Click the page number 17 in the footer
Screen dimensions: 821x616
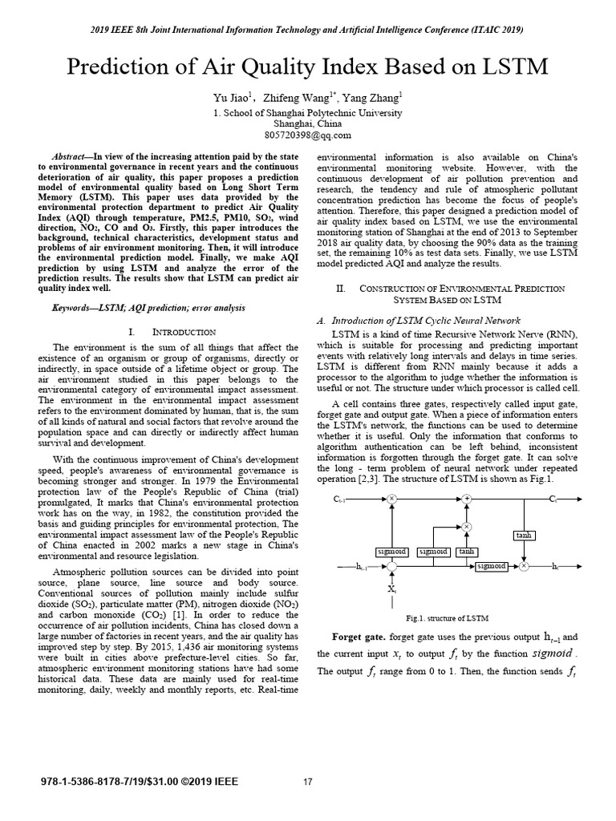point(307,782)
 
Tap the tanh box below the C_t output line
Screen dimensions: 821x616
point(523,535)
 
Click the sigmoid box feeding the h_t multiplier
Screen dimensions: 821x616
point(490,566)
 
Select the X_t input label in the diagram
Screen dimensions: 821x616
point(391,589)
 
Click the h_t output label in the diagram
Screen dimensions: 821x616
point(554,566)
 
